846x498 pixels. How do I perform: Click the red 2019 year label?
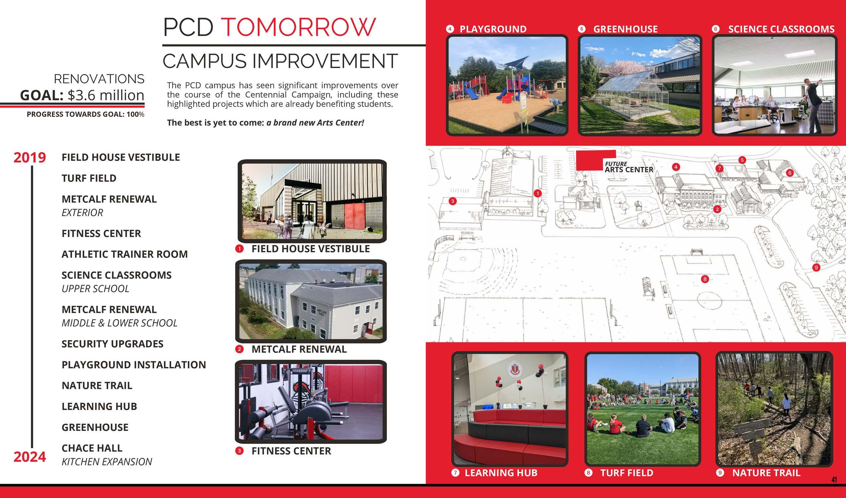[30, 158]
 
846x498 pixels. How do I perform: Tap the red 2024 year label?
[30, 457]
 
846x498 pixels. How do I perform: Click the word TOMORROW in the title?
[299, 27]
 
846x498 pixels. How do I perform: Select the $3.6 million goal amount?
[106, 95]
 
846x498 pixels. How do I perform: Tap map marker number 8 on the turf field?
[705, 279]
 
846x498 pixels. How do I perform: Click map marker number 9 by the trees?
[816, 268]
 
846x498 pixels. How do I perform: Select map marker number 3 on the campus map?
[453, 201]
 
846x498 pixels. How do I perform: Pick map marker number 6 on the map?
[790, 173]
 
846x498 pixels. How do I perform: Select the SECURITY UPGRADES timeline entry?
[112, 344]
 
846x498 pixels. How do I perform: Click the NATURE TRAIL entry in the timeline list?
[97, 386]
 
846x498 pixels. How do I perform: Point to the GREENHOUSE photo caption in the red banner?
[625, 29]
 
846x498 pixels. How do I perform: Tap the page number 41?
[834, 480]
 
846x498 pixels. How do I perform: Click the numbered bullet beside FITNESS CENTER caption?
[239, 451]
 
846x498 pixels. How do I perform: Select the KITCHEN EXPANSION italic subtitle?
[107, 462]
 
